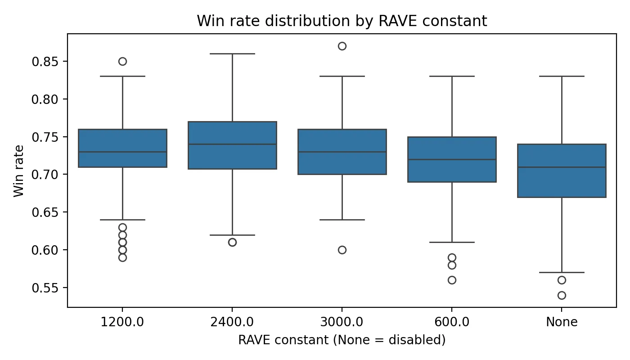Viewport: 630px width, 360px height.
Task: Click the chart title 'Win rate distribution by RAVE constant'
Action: coord(342,21)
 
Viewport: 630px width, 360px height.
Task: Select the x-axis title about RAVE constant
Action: coord(342,340)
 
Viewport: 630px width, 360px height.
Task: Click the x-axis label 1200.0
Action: coord(122,322)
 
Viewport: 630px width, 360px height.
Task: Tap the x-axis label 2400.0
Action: coord(232,322)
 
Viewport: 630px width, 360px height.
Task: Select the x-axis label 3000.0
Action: coord(342,322)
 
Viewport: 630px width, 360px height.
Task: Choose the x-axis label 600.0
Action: coord(452,322)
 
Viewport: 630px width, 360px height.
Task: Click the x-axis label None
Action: coord(562,322)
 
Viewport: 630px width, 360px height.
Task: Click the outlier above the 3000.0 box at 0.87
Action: coord(342,46)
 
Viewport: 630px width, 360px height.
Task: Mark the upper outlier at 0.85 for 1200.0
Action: coord(122,61)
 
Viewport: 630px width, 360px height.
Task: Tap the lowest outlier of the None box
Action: coord(562,295)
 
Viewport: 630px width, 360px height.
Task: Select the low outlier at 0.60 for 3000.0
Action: coord(342,250)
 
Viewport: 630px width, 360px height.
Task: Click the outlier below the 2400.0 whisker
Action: coord(232,242)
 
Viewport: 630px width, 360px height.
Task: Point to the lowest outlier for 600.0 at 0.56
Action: coord(452,280)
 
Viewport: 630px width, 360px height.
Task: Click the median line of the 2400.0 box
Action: coord(232,144)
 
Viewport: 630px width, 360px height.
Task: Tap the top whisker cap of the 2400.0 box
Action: coord(232,54)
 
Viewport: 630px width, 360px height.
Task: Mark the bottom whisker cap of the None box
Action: coord(562,272)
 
